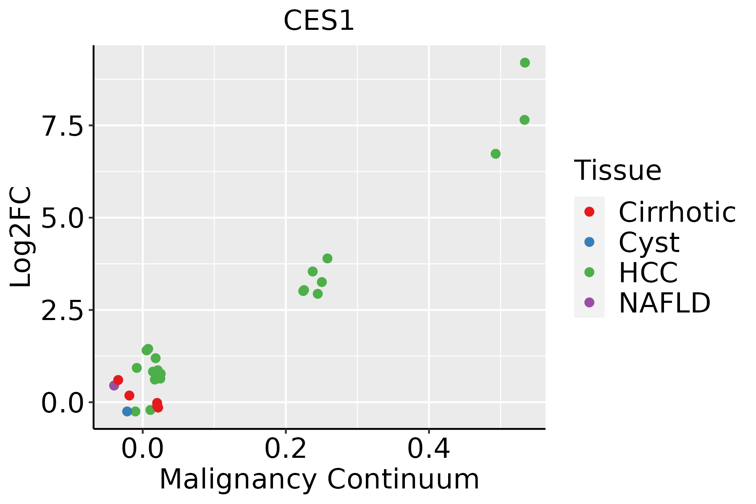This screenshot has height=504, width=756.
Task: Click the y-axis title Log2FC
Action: [21, 237]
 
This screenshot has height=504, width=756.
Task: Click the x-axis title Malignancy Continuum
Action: [319, 480]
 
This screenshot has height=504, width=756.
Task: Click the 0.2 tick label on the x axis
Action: [286, 449]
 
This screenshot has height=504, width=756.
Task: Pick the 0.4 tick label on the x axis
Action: [429, 449]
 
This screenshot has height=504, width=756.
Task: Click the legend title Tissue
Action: [618, 170]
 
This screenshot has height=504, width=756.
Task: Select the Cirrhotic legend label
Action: [677, 212]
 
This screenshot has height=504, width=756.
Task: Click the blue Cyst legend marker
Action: [589, 242]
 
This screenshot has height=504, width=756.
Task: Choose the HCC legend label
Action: [648, 273]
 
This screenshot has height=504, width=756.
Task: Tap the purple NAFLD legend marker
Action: [589, 302]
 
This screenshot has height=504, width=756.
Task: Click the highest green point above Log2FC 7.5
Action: [525, 63]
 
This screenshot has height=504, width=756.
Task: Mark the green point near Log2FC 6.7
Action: [496, 154]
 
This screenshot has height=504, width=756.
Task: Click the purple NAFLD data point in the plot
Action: [114, 386]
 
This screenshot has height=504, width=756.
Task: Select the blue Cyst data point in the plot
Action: [127, 411]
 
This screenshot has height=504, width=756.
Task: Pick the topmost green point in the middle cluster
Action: [328, 258]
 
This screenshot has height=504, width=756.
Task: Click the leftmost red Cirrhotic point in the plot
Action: [118, 380]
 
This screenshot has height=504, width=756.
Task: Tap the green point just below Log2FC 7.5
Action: [525, 120]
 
